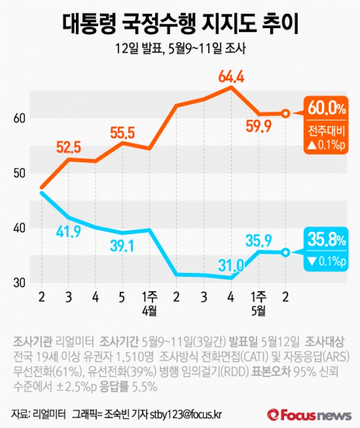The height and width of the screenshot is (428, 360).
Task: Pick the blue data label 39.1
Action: [122, 246]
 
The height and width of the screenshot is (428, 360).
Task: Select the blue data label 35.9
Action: [258, 240]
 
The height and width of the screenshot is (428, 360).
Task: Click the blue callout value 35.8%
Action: [327, 240]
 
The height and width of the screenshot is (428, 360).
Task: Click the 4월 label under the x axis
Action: [149, 311]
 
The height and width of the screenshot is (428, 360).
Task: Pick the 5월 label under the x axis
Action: [258, 311]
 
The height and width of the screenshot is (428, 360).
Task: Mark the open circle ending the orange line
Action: [285, 113]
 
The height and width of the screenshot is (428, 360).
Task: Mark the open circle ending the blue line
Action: [285, 253]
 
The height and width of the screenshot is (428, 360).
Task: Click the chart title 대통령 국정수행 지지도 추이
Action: [179, 23]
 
